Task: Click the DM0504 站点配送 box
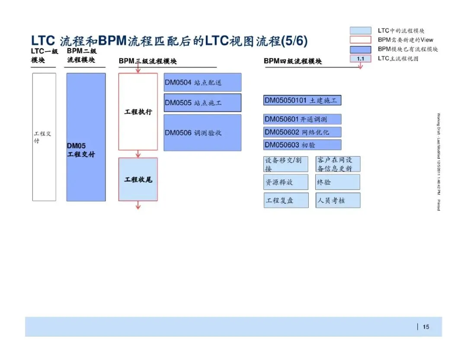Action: tap(202, 82)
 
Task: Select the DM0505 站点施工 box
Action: tap(202, 103)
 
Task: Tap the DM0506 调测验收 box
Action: tap(202, 133)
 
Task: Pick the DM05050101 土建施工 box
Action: tap(302, 100)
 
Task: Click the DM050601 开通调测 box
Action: tap(302, 119)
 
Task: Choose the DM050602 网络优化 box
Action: tap(302, 132)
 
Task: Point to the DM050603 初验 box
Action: tap(302, 145)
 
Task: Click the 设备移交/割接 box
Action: tap(286, 164)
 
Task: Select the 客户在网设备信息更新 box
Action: tap(338, 164)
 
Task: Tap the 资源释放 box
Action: tap(286, 182)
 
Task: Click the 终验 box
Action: tap(338, 182)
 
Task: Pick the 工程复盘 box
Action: tap(286, 200)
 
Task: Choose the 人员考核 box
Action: tap(338, 200)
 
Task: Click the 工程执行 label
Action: tap(138, 112)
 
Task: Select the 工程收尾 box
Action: tap(138, 179)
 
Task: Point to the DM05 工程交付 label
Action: tap(81, 150)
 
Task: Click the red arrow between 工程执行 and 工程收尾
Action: tap(138, 154)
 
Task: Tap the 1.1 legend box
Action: tap(360, 58)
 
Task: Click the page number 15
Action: tap(426, 327)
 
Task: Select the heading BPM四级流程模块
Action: tap(293, 61)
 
